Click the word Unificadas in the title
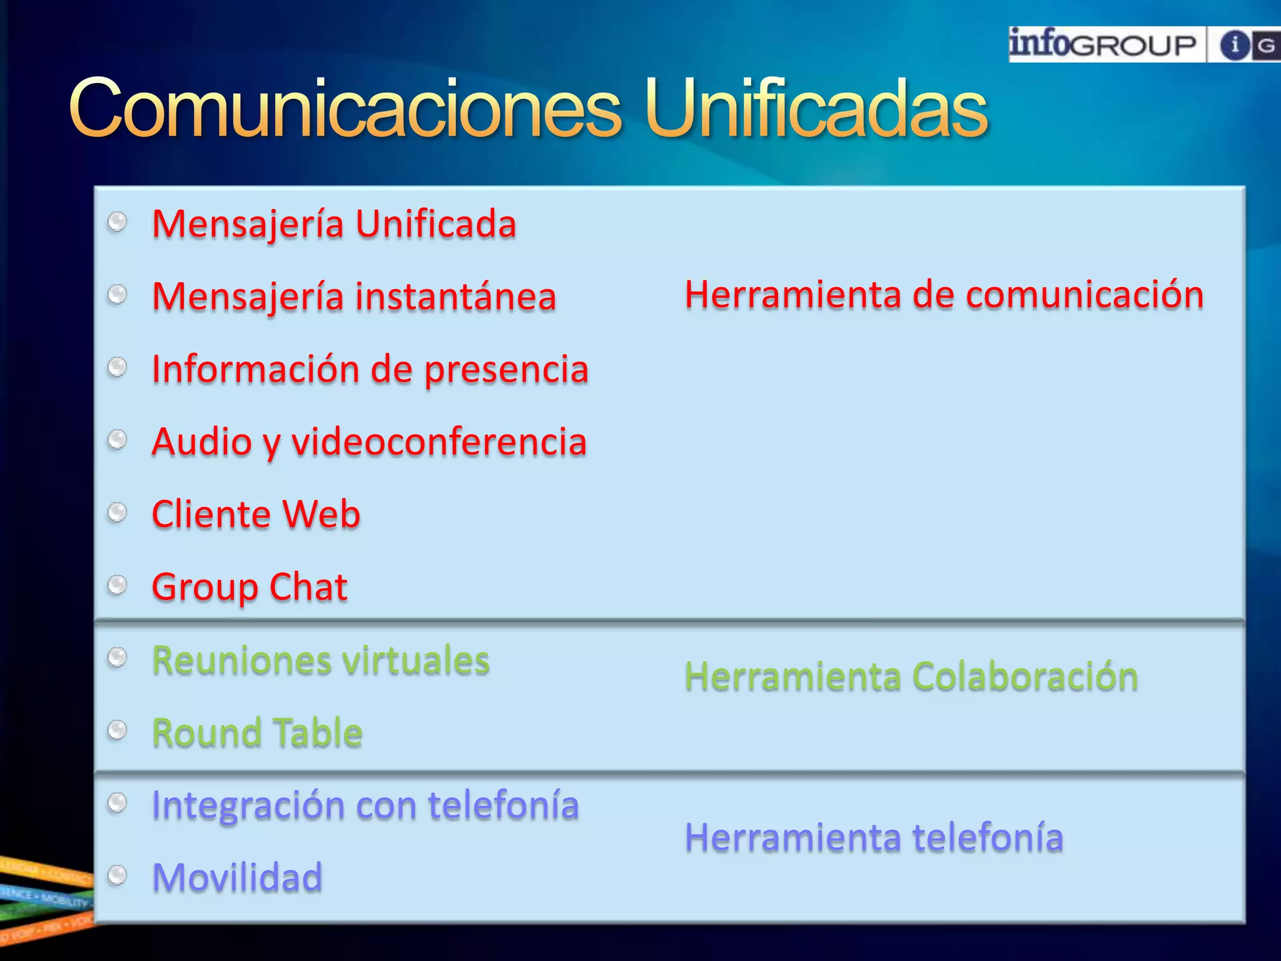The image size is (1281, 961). tap(816, 108)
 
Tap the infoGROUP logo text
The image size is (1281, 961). tap(1103, 44)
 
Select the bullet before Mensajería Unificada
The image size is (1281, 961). tap(117, 221)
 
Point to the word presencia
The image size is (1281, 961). tap(506, 370)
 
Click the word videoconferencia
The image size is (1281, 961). tap(439, 442)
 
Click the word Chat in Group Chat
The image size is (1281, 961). tap(308, 587)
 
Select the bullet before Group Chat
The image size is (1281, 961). tap(117, 585)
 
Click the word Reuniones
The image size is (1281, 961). tap(243, 661)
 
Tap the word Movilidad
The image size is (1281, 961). tap(237, 877)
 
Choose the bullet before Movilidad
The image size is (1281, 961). tap(117, 875)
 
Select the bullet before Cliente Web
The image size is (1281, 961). tap(117, 512)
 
